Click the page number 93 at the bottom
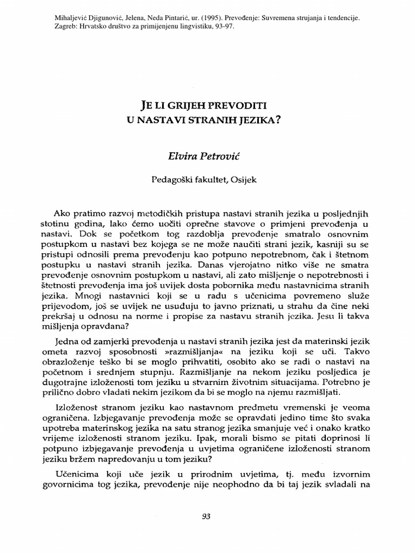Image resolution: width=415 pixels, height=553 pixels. pos(205,516)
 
